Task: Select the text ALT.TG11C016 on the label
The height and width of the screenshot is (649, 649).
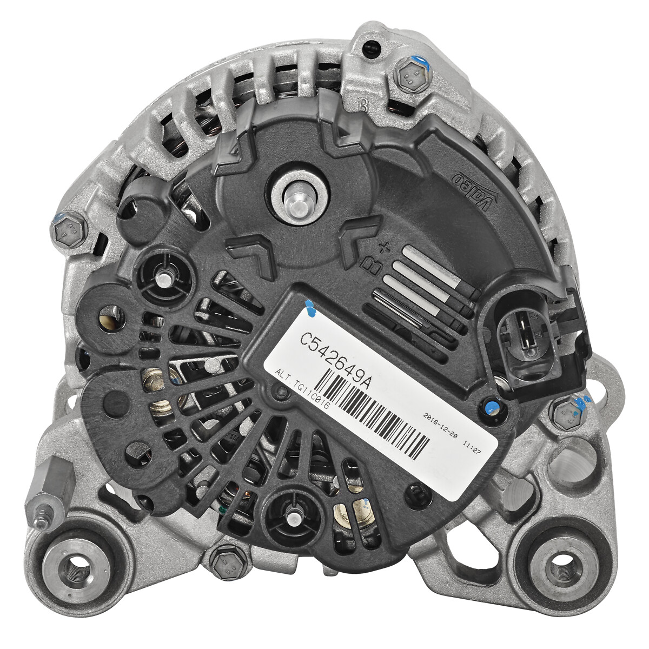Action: tap(301, 388)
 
